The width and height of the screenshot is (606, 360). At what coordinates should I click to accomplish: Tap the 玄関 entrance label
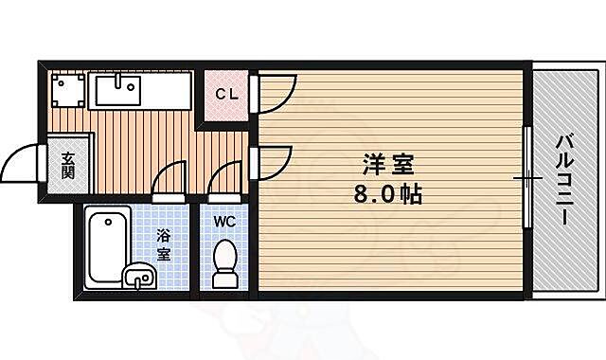(68, 167)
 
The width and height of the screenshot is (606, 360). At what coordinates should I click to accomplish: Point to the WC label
(223, 221)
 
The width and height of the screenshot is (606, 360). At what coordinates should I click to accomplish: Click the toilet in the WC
(225, 261)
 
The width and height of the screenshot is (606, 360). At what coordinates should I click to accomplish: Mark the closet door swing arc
(275, 91)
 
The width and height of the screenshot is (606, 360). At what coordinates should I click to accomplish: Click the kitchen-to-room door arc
(276, 160)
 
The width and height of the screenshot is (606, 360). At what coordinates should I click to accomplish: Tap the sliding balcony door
(526, 177)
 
